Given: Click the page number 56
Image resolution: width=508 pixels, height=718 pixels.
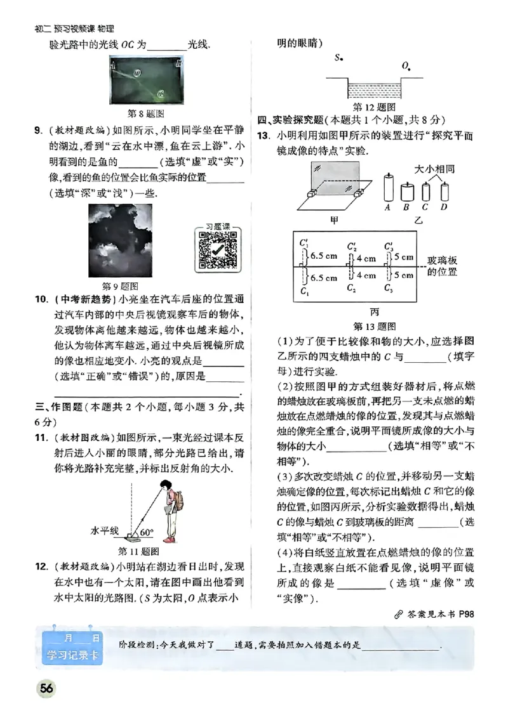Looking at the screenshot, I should pyautogui.click(x=46, y=689).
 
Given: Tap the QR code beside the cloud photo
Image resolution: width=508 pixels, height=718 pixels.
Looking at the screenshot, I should pyautogui.click(x=216, y=249).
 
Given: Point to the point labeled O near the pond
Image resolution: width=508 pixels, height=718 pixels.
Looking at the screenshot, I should pyautogui.click(x=406, y=66).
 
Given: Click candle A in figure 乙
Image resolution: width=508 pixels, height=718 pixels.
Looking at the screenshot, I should pyautogui.click(x=387, y=189).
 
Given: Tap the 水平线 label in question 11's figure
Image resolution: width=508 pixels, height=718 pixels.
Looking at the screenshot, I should pyautogui.click(x=105, y=530).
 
